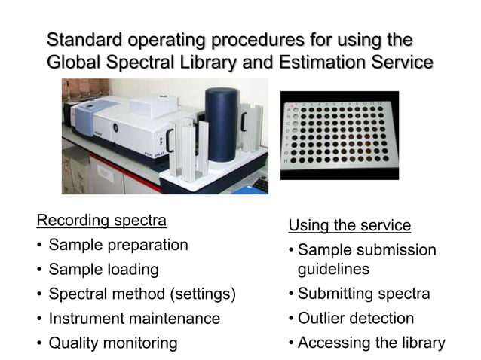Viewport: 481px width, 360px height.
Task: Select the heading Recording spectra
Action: pyautogui.click(x=101, y=221)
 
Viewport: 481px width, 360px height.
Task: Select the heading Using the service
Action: pyautogui.click(x=349, y=225)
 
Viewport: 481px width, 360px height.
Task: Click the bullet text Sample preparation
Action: pyautogui.click(x=118, y=245)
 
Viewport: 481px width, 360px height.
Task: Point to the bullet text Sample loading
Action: pyautogui.click(x=103, y=269)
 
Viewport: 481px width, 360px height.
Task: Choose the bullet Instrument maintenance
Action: pyautogui.click(x=134, y=319)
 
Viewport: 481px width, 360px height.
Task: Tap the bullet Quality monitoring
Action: pyautogui.click(x=113, y=343)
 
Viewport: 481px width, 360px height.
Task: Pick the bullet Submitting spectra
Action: pyautogui.click(x=363, y=294)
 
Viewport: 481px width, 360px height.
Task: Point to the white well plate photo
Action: pyautogui.click(x=339, y=136)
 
